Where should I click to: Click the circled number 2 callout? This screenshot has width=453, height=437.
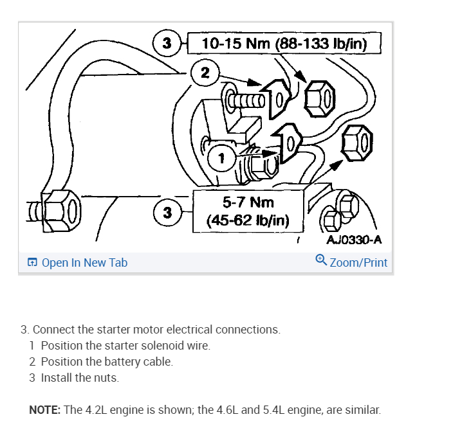pyautogui.click(x=205, y=72)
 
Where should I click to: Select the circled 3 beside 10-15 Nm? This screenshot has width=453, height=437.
pyautogui.click(x=167, y=44)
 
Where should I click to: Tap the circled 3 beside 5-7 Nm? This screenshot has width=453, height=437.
pyautogui.click(x=167, y=211)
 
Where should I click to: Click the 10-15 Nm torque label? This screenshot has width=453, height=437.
pyautogui.click(x=284, y=44)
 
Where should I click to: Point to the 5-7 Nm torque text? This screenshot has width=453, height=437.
pyautogui.click(x=248, y=203)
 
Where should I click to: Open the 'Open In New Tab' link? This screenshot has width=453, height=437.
pyautogui.click(x=84, y=262)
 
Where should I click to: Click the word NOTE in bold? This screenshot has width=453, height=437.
pyautogui.click(x=45, y=409)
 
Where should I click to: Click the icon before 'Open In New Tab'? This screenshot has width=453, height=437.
pyautogui.click(x=32, y=262)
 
